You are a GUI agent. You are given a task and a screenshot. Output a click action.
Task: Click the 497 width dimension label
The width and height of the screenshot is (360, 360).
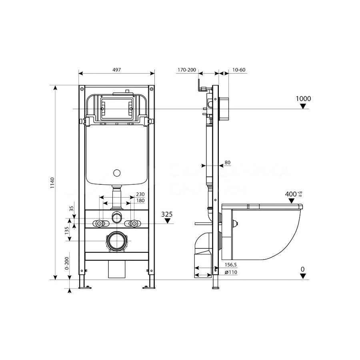pos(116,70)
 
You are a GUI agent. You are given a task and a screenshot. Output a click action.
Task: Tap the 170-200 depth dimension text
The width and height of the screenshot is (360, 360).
pos(186,70)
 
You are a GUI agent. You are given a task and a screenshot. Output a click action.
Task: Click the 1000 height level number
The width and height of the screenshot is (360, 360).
pos(303,98)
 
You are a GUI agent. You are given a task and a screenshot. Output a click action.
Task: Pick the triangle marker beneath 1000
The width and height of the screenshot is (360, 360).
pos(303,106)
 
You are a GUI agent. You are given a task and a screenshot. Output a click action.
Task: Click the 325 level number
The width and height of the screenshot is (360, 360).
pos(167,214)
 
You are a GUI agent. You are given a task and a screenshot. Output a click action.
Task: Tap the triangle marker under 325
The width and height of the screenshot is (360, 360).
pos(167,221)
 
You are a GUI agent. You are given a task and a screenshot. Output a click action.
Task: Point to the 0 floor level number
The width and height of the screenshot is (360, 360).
pos(303,269)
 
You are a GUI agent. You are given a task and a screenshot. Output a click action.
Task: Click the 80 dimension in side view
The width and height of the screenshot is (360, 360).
pos(228,162)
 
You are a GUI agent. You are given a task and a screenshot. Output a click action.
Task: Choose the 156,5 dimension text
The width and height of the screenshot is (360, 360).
pos(231,265)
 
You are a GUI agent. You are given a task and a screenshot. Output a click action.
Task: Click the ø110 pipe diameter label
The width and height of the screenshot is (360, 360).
pos(231,272)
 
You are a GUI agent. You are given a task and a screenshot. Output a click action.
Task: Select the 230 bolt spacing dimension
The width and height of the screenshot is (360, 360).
pos(140,195)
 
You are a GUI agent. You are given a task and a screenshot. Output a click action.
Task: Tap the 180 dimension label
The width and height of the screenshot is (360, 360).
pos(140,200)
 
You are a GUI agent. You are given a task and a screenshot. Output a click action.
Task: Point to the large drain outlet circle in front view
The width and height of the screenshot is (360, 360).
pos(117,242)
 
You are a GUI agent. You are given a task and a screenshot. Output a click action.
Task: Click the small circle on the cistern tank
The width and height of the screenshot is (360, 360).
pos(117,173)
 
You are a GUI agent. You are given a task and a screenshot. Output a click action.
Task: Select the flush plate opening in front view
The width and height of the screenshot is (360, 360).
pos(116,107)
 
